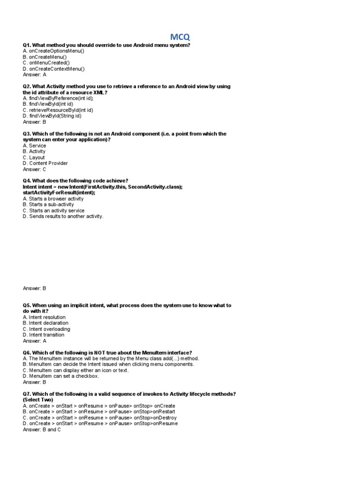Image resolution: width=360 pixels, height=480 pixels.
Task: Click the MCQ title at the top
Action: pos(180,37)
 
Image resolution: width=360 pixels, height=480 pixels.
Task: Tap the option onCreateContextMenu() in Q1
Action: pos(54,69)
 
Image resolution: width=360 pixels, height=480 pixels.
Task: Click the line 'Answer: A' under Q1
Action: pos(35,75)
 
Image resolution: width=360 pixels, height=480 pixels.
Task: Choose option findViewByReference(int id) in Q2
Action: pos(59,98)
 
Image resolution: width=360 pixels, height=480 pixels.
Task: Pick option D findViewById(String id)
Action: pos(52,116)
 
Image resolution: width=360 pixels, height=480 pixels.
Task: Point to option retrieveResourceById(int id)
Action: pos(58,110)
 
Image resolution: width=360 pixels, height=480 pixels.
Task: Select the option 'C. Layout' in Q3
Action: pos(34,157)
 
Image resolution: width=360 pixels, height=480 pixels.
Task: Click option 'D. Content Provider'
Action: pos(45,163)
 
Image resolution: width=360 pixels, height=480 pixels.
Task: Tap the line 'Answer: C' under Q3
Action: pos(35,169)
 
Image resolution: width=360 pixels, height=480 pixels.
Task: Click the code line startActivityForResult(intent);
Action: pos(59,193)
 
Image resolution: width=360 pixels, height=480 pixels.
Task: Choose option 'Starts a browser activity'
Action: pos(53,199)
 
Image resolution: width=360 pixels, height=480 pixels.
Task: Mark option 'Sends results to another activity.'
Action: pos(63,217)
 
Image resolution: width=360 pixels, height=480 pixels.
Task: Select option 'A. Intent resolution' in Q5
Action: pos(44,317)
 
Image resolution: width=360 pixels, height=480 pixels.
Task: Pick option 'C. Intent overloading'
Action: pos(46,329)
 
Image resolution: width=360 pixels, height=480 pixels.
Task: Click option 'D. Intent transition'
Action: pos(44,335)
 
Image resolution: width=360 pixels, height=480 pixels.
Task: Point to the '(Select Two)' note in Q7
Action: pos(38,400)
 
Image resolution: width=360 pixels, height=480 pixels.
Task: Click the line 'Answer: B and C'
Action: pos(42,429)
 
